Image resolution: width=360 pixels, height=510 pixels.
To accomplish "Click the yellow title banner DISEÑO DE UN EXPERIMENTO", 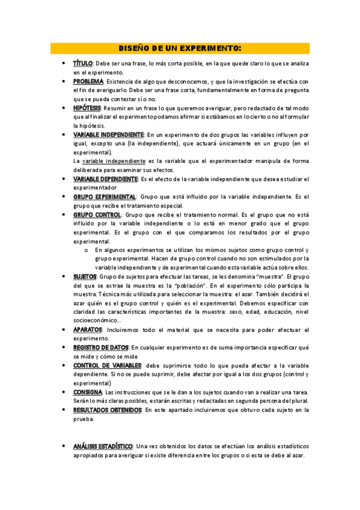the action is point(180,48).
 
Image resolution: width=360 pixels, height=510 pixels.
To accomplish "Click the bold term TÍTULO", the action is point(83,63).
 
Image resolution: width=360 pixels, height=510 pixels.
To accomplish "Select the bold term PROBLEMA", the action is point(88,81).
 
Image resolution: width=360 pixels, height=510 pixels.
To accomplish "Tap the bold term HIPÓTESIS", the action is point(87,108).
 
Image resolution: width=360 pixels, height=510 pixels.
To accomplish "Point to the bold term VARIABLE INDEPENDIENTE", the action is point(108,135).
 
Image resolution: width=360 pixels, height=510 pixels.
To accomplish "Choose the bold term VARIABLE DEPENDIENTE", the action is point(105,179).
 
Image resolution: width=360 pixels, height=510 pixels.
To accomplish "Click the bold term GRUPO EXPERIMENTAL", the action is point(105,197).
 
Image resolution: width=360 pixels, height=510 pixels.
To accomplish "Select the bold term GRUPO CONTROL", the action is point(97,215).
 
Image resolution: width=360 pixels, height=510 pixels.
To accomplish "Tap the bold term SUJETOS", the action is point(85,277).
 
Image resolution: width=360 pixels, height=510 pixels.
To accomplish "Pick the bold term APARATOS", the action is point(87,330).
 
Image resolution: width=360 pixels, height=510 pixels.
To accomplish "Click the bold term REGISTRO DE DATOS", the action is point(100,348).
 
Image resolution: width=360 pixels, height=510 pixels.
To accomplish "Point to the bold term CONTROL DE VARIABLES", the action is point(107,366).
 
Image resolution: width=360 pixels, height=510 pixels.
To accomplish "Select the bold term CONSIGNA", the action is point(88,392).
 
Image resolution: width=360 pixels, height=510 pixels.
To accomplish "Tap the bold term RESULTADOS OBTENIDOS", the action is point(107,410).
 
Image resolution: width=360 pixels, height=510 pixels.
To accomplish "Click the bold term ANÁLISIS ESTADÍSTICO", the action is point(103,446).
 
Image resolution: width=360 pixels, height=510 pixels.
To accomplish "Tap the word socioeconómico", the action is point(97,321).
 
